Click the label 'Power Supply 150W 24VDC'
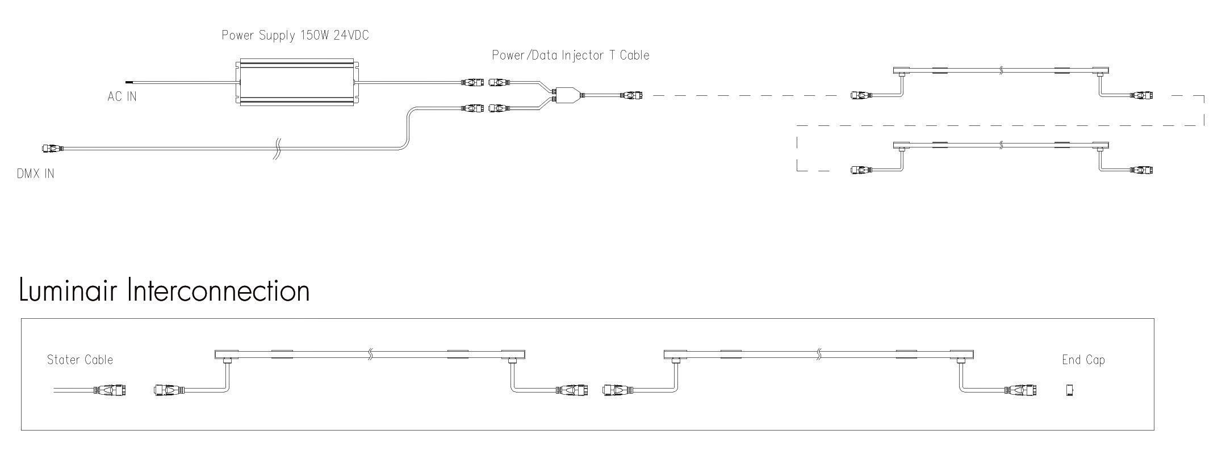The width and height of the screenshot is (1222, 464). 295,36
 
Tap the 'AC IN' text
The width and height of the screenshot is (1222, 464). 122,96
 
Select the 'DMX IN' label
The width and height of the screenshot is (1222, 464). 36,174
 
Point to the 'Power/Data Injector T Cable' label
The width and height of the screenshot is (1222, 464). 571,55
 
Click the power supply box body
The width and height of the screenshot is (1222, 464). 296,82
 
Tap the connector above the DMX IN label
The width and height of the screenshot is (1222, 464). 53,149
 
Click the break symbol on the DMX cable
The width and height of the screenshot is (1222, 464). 277,149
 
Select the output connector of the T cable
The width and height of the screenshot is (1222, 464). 632,95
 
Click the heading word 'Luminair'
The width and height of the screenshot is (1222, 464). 68,290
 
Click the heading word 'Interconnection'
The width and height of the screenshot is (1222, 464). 219,290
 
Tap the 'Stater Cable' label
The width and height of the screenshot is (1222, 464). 80,360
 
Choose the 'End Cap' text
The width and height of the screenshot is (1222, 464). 1083,360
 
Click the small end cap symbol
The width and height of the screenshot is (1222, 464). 1069,390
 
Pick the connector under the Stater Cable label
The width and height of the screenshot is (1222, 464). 110,390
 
